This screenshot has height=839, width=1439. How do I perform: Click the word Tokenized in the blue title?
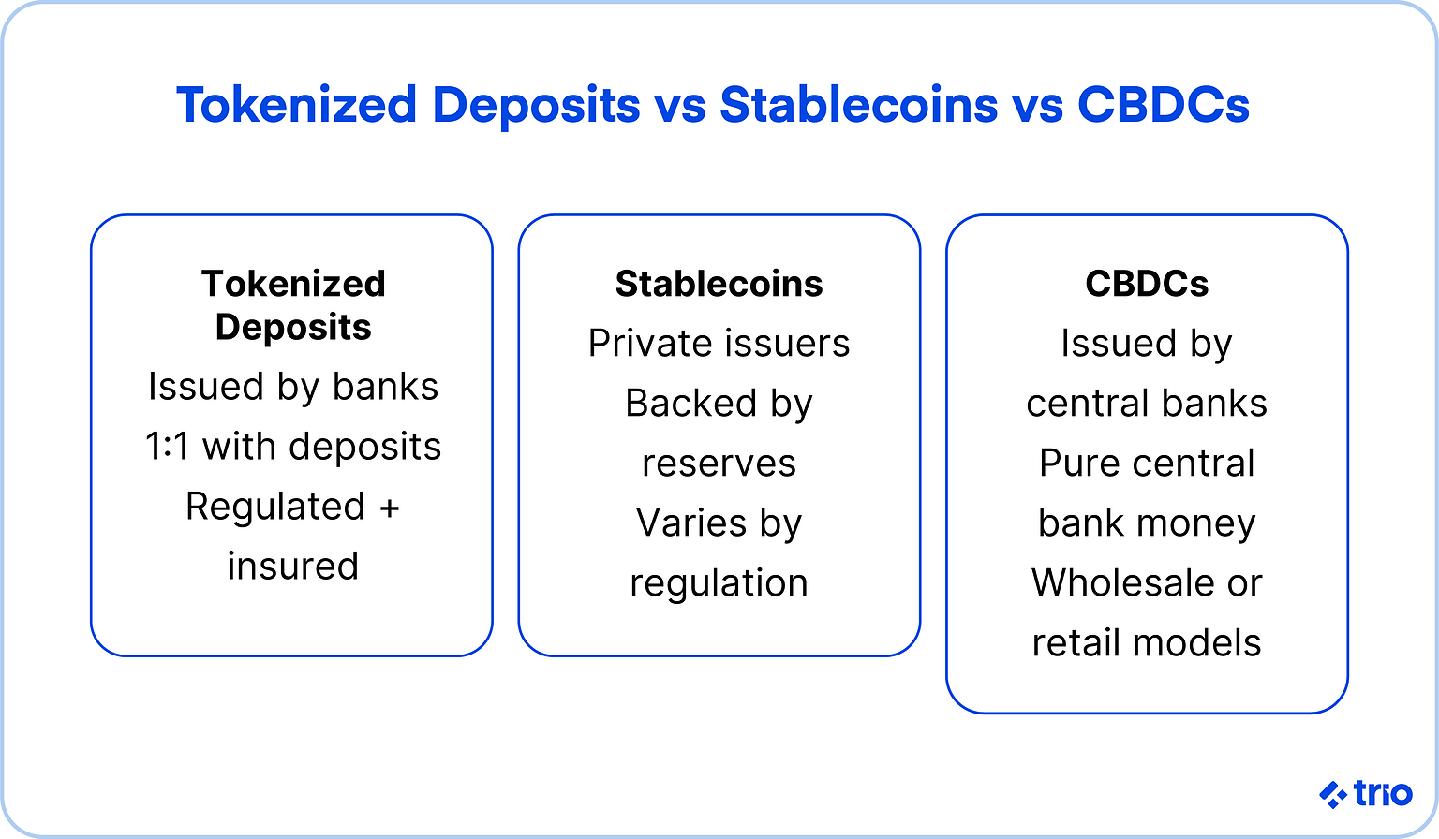coord(296,105)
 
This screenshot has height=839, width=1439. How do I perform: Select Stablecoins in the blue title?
coord(858,105)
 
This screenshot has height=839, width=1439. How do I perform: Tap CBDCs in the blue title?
coord(1163,105)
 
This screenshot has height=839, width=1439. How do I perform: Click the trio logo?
coord(1365,794)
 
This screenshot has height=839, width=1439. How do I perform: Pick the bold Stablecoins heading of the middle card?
coord(719,284)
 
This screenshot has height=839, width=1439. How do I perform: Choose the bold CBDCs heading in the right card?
coord(1147,284)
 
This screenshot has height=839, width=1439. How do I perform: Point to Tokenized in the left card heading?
coord(293,284)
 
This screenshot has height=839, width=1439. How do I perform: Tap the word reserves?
coord(719,464)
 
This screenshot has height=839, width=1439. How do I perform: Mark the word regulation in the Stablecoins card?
coord(719,583)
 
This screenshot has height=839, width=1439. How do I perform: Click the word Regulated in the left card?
coord(275,507)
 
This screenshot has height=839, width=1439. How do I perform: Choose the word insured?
coord(293,567)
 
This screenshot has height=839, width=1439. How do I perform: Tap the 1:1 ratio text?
coord(168,447)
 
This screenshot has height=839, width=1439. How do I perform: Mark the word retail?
coord(1076,643)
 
